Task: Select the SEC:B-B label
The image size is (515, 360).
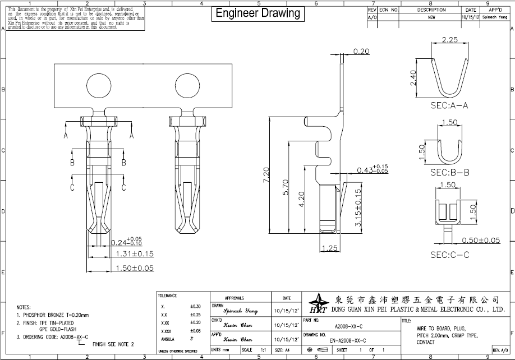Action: tap(449, 172)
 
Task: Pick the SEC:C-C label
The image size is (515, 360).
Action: tap(449, 255)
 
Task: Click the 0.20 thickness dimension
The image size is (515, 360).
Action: tap(362, 52)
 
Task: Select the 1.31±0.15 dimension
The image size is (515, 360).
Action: tap(135, 254)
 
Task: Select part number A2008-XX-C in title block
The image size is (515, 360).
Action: tap(348, 326)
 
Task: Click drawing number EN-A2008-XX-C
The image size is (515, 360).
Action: tap(348, 340)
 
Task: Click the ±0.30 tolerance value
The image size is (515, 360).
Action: tap(195, 307)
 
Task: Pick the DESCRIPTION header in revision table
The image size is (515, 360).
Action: tap(431, 10)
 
